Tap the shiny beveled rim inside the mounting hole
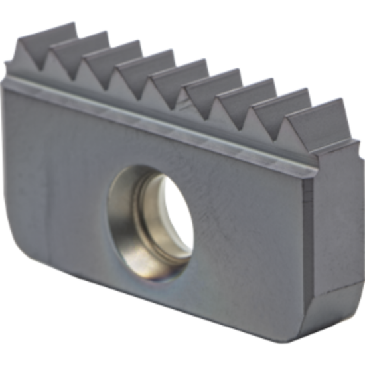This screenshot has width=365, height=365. [x=133, y=219]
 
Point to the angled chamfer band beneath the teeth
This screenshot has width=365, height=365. [x=166, y=119]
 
